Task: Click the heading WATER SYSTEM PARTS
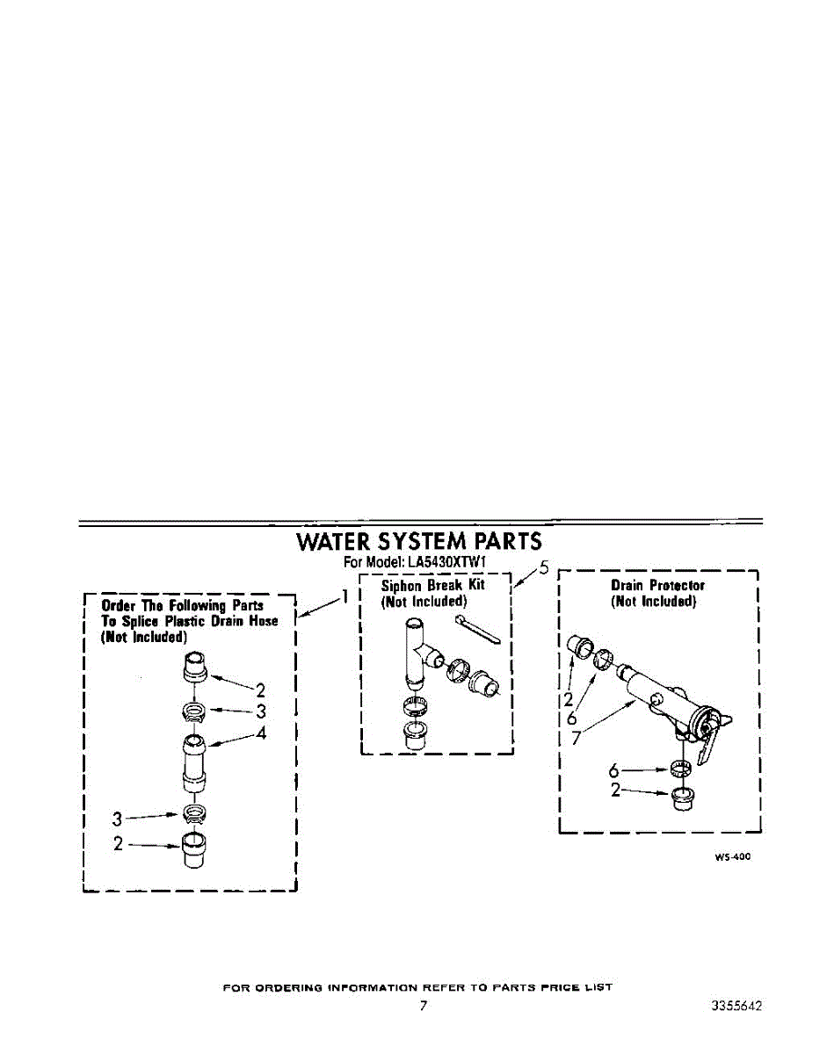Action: click(419, 542)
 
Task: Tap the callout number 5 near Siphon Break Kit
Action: click(543, 568)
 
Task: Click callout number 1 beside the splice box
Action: click(345, 596)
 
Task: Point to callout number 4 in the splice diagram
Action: click(261, 733)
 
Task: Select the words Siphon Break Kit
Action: click(432, 585)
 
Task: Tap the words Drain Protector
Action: click(657, 585)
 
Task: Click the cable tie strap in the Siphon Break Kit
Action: click(478, 630)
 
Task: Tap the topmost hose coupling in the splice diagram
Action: click(195, 667)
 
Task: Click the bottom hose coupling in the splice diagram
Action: click(194, 851)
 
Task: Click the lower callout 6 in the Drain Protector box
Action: click(613, 771)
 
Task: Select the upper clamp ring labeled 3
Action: click(193, 711)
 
